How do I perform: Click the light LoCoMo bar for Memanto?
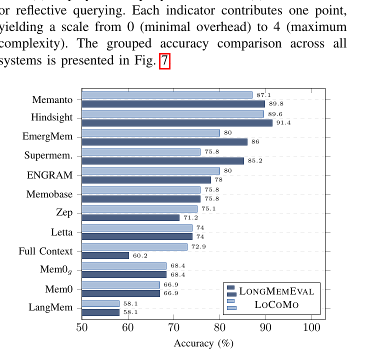coord(167,95)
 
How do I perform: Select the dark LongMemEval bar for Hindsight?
coord(177,123)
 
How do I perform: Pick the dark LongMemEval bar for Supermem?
coord(162,161)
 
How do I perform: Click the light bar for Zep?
coord(139,208)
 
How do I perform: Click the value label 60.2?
coord(140,255)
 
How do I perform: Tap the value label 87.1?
coord(263,95)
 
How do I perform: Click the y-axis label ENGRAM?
coord(49,175)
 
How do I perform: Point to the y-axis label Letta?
coord(61,232)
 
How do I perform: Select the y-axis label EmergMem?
coord(47,136)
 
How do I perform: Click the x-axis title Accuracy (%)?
coord(203,343)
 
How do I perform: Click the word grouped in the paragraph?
coord(112,43)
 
